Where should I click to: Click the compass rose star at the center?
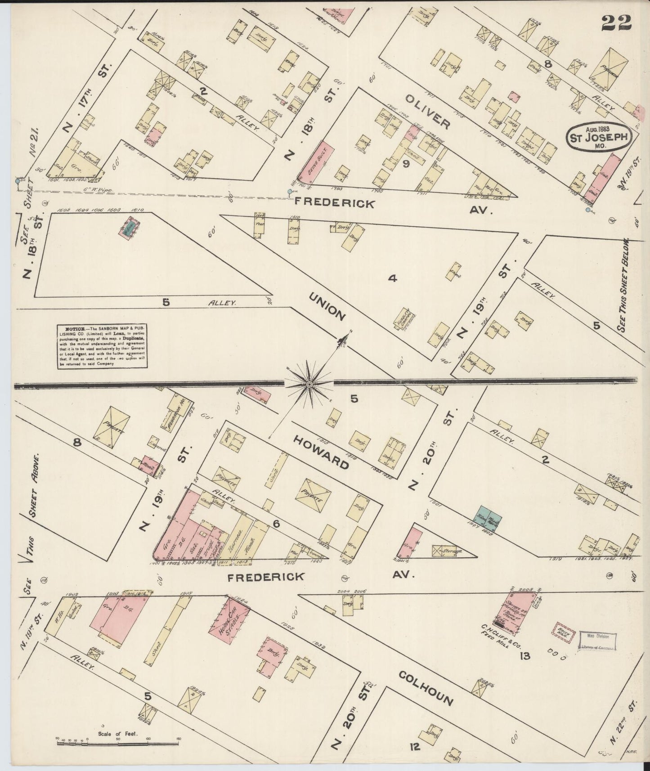coord(309,384)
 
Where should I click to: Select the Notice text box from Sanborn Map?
coord(103,346)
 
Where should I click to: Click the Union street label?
coord(327,306)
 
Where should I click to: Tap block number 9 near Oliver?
coord(405,164)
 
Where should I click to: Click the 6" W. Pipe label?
coord(120,189)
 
